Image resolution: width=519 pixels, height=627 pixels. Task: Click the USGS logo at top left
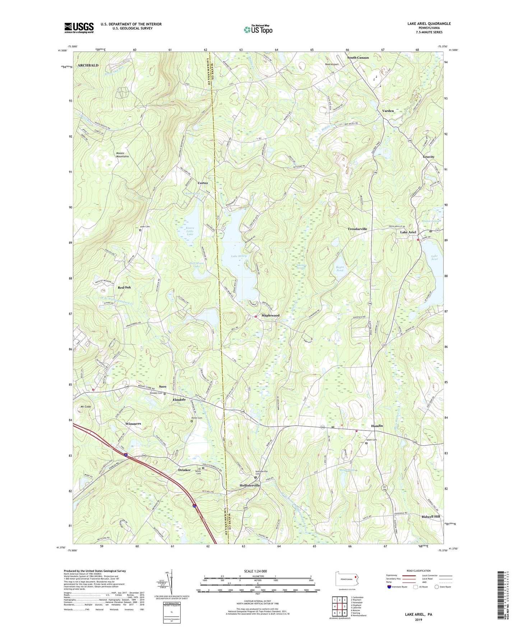pos(79,28)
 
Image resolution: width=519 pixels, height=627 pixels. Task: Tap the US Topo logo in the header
pos(258,29)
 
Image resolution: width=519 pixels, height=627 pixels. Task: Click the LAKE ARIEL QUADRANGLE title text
pos(429,24)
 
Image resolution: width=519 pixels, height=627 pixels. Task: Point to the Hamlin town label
pos(377,426)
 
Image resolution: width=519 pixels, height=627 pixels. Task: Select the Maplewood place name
pos(270,315)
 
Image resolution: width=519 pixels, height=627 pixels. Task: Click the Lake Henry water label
pos(238,256)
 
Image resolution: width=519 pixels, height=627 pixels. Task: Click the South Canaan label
pos(357,57)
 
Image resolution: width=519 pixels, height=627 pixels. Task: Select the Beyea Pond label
pos(339,268)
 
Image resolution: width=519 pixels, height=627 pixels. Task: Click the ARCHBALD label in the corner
pos(88,65)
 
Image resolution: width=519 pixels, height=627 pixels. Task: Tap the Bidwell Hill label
pos(430,516)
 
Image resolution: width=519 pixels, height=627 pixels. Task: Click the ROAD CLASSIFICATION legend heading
pos(419,571)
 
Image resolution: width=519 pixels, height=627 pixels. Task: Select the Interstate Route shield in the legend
pos(389,587)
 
